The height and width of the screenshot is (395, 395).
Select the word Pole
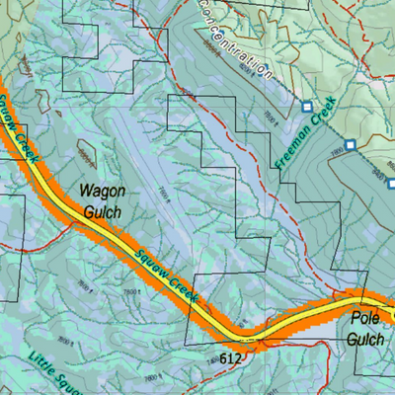(x=365, y=319)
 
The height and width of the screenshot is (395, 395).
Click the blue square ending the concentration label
(x=306, y=106)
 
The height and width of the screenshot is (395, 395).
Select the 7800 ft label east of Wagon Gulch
(x=162, y=193)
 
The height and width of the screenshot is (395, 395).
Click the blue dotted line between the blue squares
(x=328, y=125)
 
